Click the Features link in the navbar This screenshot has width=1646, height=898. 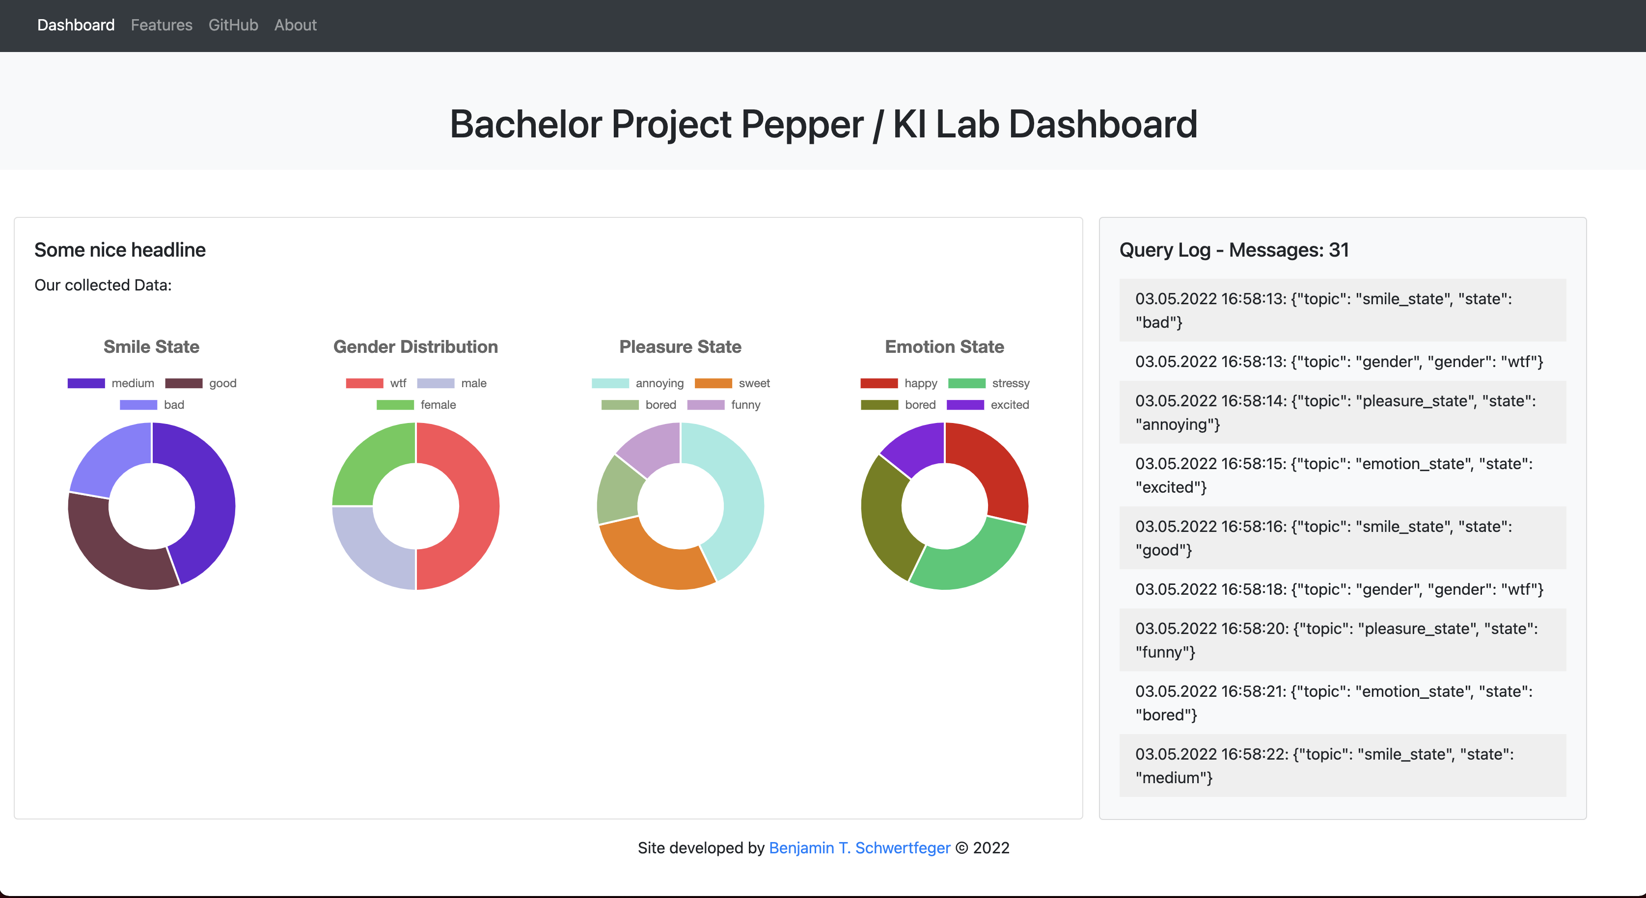click(x=161, y=25)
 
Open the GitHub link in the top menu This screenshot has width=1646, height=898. click(x=233, y=25)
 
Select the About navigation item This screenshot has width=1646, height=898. click(x=295, y=25)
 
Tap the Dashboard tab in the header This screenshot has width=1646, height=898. click(x=76, y=25)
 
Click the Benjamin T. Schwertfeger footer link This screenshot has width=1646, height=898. click(x=859, y=847)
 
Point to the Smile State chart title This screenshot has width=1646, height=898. click(x=151, y=347)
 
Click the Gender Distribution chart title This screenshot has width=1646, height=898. click(x=415, y=347)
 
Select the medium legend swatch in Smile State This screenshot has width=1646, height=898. click(x=86, y=383)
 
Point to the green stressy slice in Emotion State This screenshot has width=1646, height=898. click(x=971, y=562)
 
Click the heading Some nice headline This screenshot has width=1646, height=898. click(x=120, y=250)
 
